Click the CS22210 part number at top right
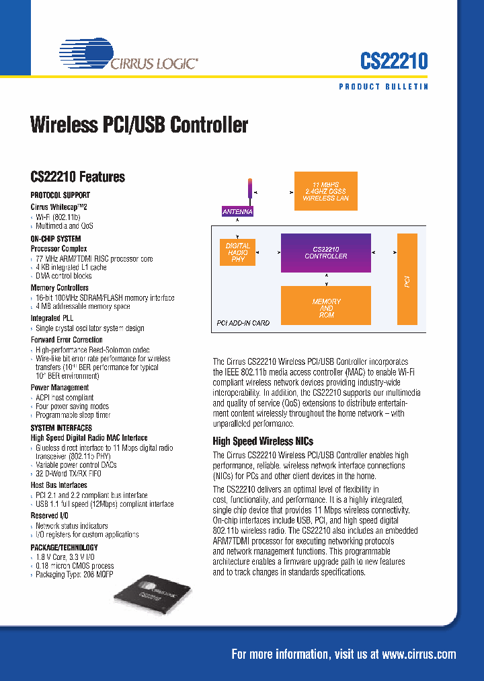[394, 61]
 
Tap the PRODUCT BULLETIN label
[383, 87]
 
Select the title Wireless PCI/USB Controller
[139, 125]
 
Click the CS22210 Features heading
[78, 177]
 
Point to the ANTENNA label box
[238, 211]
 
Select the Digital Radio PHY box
[238, 252]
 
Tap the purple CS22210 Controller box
[325, 252]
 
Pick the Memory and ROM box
[326, 308]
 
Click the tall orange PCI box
[407, 279]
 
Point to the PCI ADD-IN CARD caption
[243, 323]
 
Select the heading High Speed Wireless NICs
[263, 441]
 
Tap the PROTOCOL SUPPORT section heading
[60, 194]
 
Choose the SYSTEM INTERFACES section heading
[61, 428]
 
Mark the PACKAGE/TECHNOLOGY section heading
[64, 547]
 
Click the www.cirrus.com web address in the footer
[419, 654]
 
